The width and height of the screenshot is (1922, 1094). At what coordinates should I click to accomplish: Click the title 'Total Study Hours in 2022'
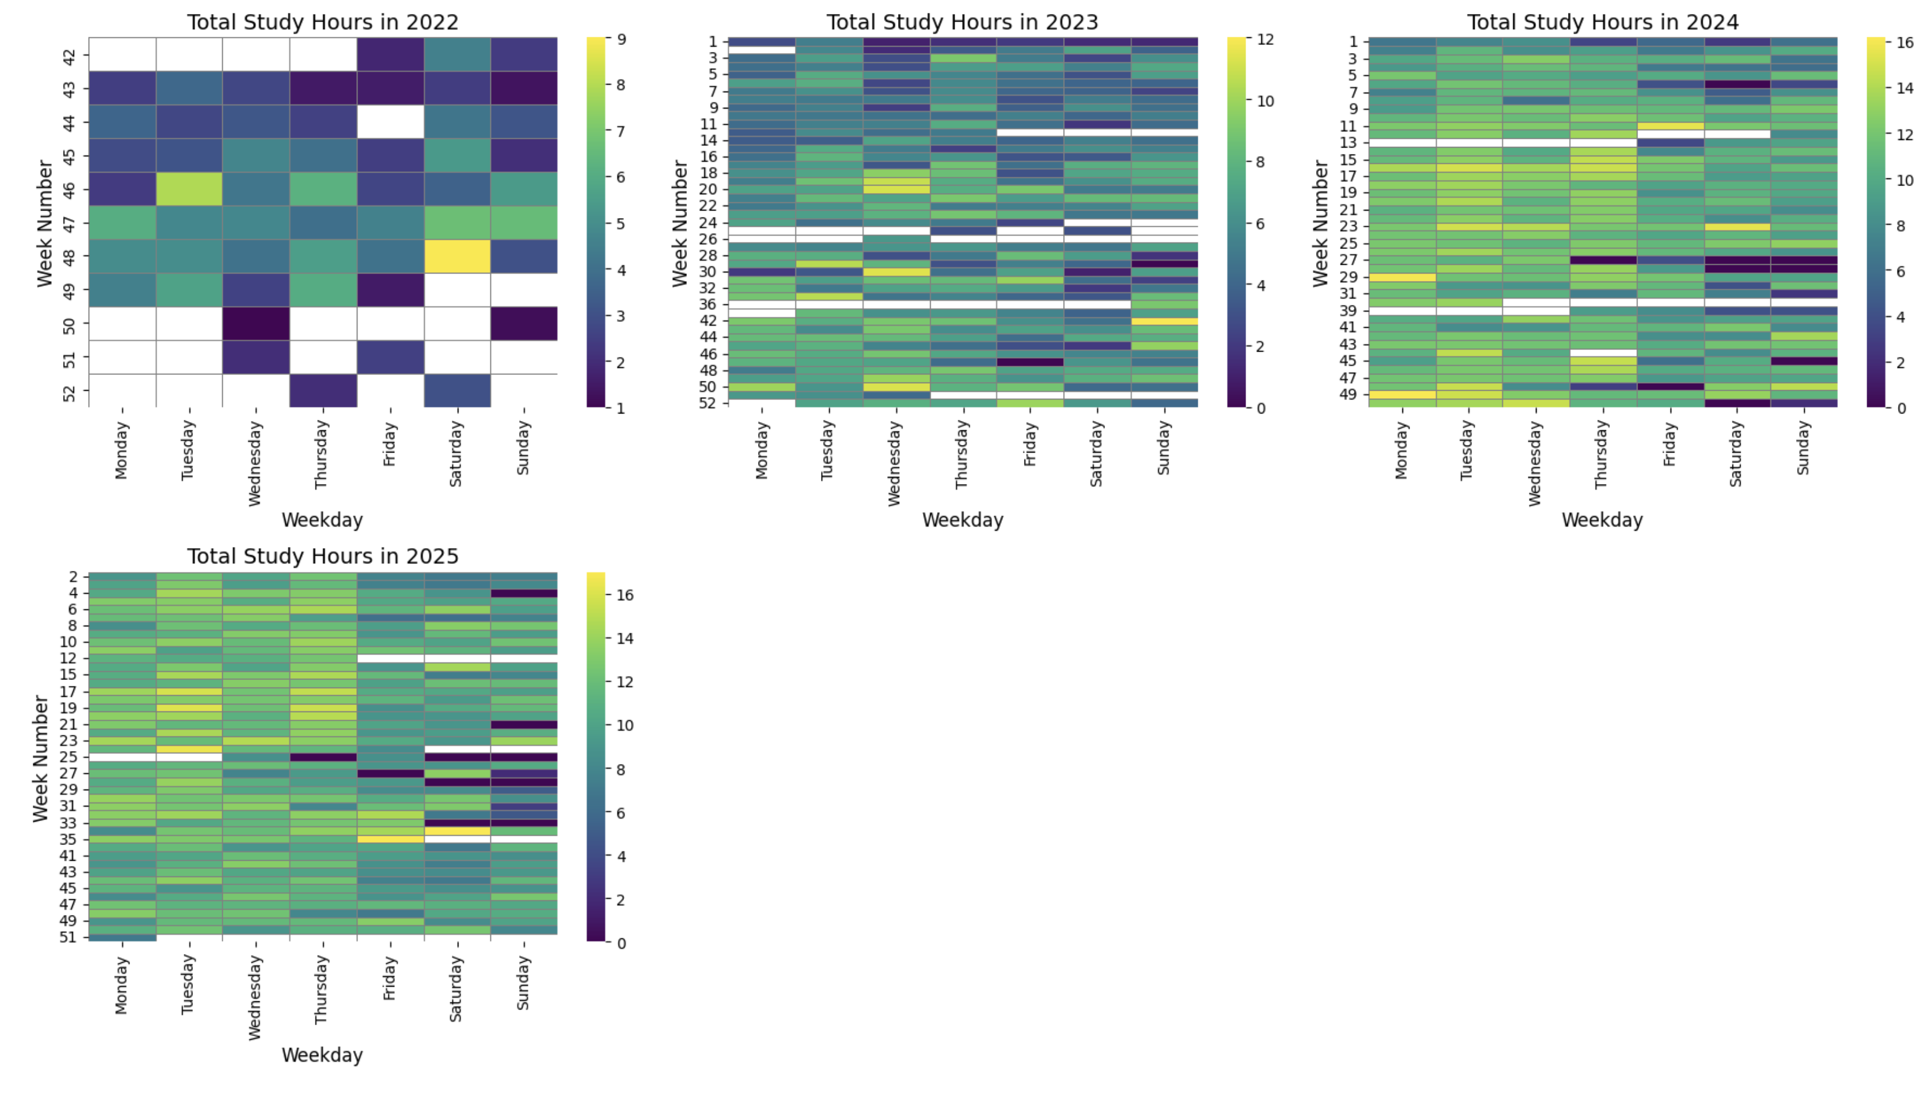pos(322,23)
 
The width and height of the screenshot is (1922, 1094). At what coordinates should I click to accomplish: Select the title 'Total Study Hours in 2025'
pos(322,557)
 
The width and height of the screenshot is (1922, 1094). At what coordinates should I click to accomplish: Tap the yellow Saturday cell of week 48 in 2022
pos(457,256)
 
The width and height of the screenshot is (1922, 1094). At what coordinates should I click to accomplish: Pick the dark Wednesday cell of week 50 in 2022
pos(256,324)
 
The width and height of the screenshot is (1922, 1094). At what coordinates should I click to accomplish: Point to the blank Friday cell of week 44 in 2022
pos(390,122)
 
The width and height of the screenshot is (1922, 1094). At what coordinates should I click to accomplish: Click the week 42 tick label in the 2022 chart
pos(69,55)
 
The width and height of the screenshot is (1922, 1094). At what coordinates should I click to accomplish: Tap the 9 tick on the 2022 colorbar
pos(620,39)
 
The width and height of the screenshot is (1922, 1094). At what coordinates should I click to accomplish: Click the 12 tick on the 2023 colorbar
pos(1265,39)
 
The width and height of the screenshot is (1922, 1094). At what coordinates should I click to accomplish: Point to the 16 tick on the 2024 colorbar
pos(1905,43)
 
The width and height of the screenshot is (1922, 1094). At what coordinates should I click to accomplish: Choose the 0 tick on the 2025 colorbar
pos(620,943)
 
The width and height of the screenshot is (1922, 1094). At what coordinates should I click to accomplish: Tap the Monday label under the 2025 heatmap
pos(122,985)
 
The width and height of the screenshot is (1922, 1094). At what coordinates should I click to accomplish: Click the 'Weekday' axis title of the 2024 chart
pos(1602,520)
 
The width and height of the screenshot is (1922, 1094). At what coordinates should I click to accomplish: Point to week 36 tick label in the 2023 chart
pos(709,304)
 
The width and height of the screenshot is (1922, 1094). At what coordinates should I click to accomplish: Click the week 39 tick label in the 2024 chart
pos(1349,311)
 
